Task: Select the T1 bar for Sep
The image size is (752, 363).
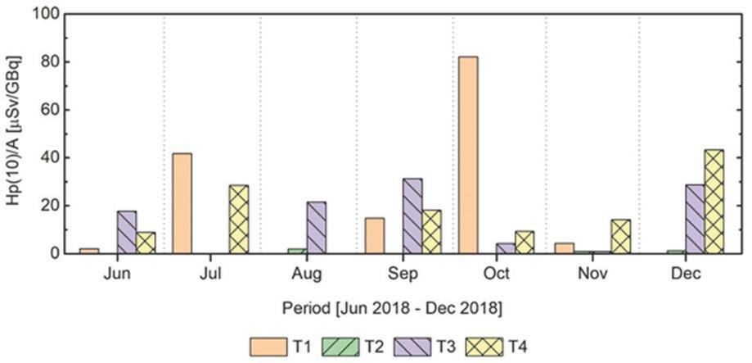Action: pyautogui.click(x=373, y=235)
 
